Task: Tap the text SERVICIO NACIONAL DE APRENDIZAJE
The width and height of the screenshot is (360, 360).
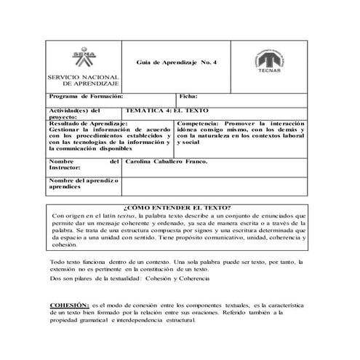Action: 76,81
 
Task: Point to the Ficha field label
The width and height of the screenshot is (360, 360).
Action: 188,97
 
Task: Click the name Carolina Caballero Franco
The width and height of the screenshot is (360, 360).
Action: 167,161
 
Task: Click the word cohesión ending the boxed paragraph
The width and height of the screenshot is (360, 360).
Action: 65,245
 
